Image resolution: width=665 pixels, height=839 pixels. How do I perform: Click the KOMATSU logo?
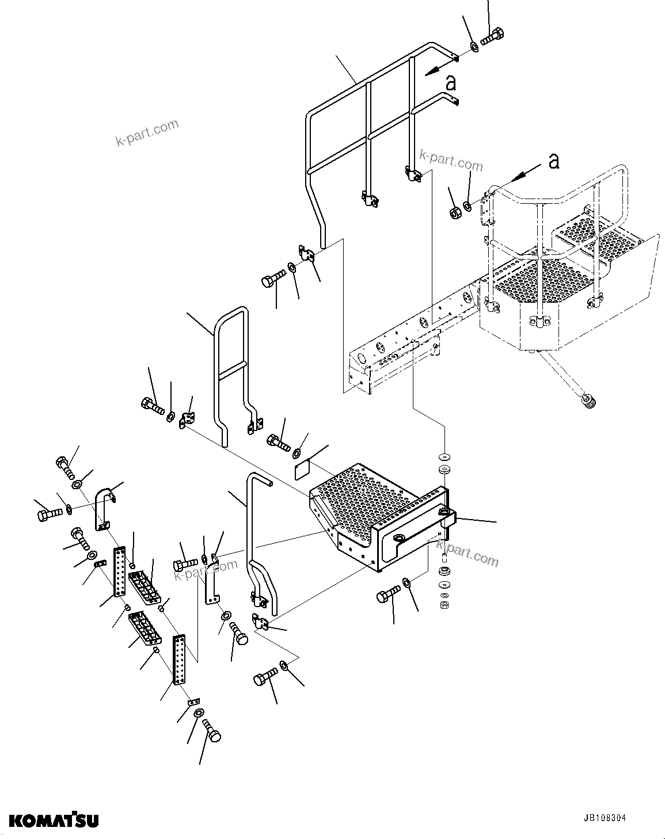pos(54,819)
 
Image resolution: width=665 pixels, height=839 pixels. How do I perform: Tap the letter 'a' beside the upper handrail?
pos(451,83)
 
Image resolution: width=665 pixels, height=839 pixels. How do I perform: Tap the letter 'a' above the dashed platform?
pos(553,161)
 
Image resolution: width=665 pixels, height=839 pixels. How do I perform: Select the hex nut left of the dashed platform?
pos(454,212)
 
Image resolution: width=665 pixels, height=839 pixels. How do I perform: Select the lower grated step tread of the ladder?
pos(144,629)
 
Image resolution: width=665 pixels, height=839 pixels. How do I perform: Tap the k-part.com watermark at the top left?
pos(147,132)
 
